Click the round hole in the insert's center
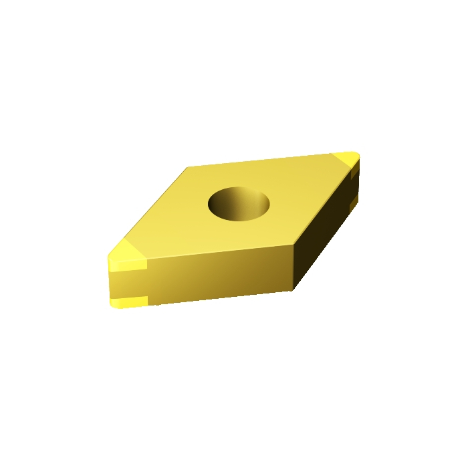239,203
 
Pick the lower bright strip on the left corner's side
128,302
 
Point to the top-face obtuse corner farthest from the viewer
188,167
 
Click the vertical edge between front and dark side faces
294,267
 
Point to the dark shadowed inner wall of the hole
221,204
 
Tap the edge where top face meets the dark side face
324,204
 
